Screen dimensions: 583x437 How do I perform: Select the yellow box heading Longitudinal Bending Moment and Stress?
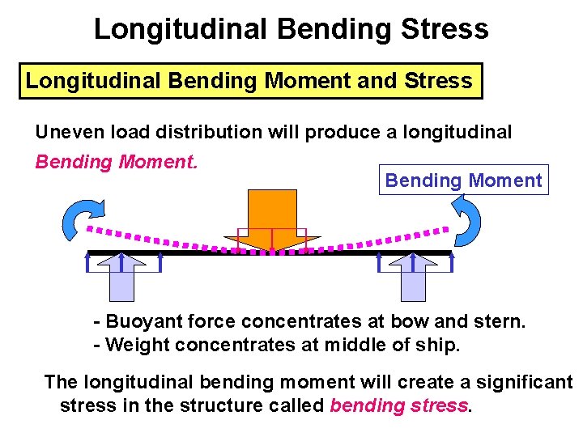250,81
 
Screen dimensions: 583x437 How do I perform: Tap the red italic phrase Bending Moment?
116,162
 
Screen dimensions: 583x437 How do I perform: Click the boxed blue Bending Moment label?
463,180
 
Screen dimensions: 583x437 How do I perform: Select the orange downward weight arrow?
272,219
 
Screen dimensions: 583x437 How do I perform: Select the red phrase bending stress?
399,405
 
